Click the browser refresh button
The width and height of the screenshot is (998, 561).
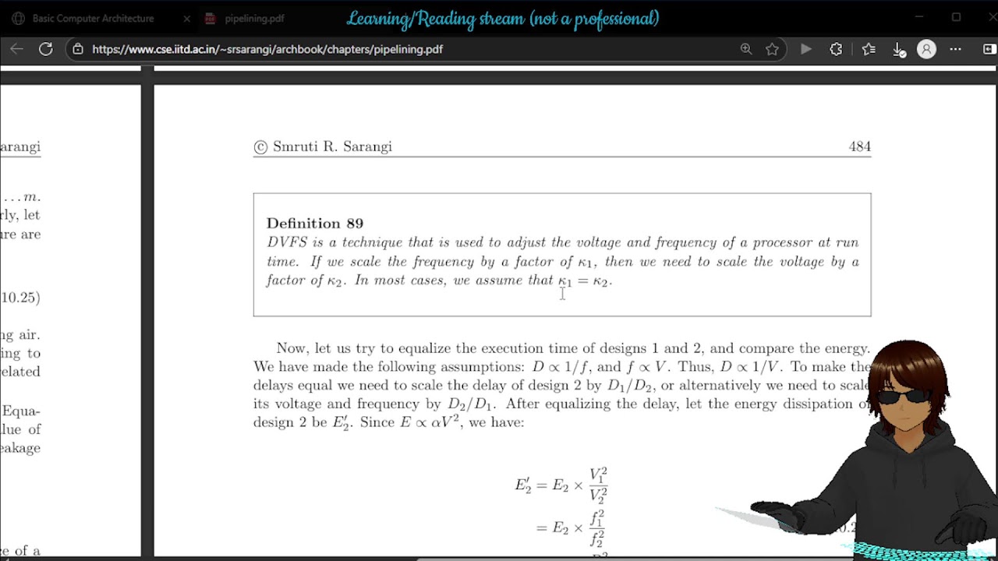[x=46, y=49]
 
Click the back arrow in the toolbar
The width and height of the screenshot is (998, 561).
[x=16, y=49]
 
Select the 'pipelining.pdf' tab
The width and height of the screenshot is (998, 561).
[x=254, y=18]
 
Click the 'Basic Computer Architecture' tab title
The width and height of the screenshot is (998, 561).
[x=93, y=18]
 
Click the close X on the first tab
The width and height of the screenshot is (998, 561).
[x=186, y=18]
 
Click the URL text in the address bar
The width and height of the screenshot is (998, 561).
[x=267, y=49]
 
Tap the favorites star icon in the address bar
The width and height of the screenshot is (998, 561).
[x=772, y=49]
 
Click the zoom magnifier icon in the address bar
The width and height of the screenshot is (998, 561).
[x=746, y=49]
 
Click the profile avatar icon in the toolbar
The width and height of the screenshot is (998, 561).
[x=926, y=49]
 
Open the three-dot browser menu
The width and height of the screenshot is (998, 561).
[x=955, y=49]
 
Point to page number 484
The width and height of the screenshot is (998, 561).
[x=859, y=146]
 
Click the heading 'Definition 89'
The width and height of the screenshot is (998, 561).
[x=314, y=224]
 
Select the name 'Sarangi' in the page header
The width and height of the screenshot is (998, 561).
[x=367, y=146]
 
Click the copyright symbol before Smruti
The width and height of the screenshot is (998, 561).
[x=260, y=147]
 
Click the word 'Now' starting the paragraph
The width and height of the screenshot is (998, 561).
[x=291, y=348]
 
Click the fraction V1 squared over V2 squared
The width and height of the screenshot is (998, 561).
[x=598, y=485]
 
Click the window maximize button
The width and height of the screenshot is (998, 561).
[x=956, y=17]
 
